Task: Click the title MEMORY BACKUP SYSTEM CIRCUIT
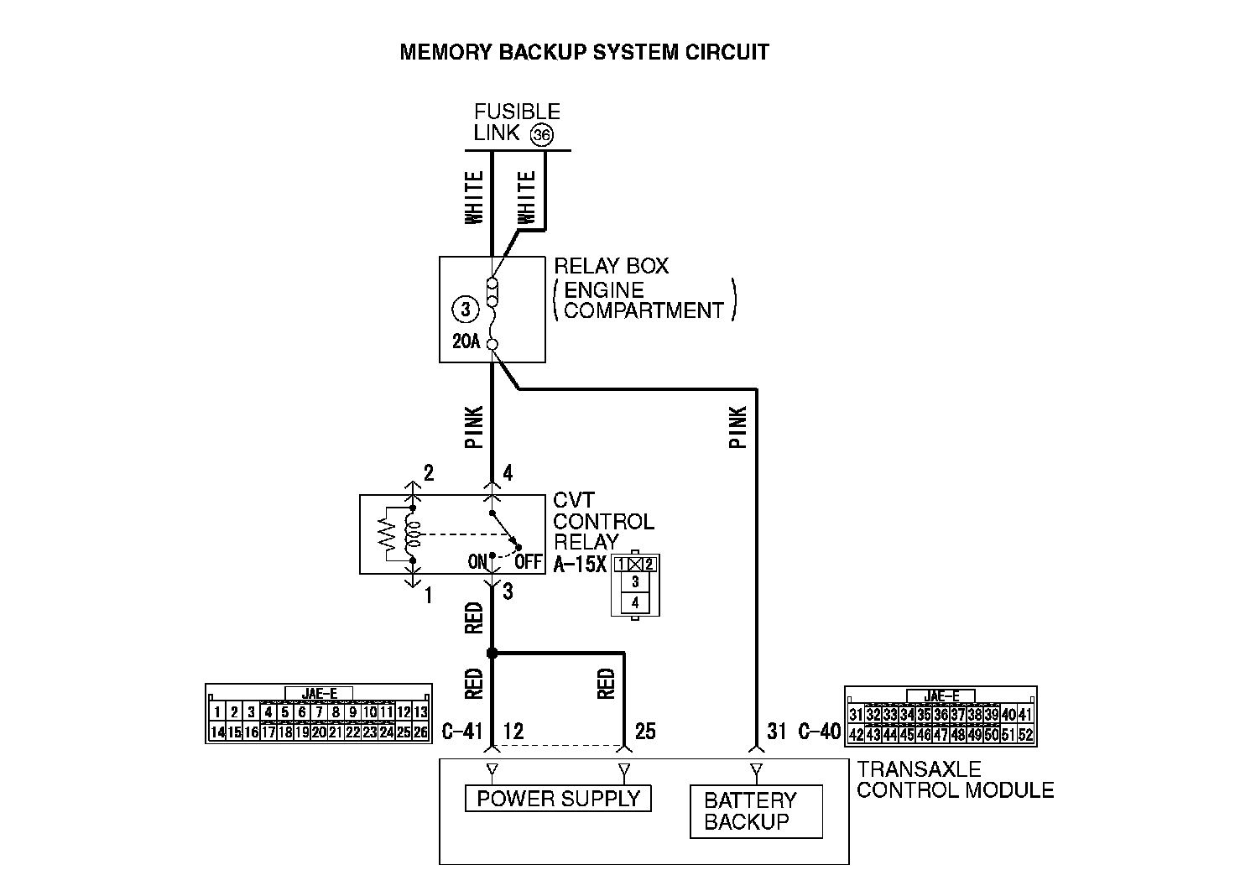pos(584,52)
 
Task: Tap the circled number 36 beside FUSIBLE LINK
pos(542,135)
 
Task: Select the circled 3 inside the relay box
pos(466,309)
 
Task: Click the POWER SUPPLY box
pos(558,799)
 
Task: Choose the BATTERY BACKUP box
pos(755,811)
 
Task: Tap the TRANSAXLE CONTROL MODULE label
pos(955,779)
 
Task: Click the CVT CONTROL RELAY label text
pos(602,521)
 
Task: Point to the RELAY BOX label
pos(612,267)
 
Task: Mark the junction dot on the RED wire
pos(492,653)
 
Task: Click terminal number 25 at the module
pos(645,732)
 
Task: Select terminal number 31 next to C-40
pos(777,732)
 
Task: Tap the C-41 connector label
pos(462,732)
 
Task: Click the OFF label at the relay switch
pos(528,561)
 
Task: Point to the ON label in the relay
pos(477,561)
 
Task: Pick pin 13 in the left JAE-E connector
pos(420,713)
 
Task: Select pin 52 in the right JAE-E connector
pos(1025,735)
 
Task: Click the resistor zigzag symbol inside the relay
pos(387,534)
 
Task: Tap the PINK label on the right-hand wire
pos(738,427)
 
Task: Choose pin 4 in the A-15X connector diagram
pos(635,602)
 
